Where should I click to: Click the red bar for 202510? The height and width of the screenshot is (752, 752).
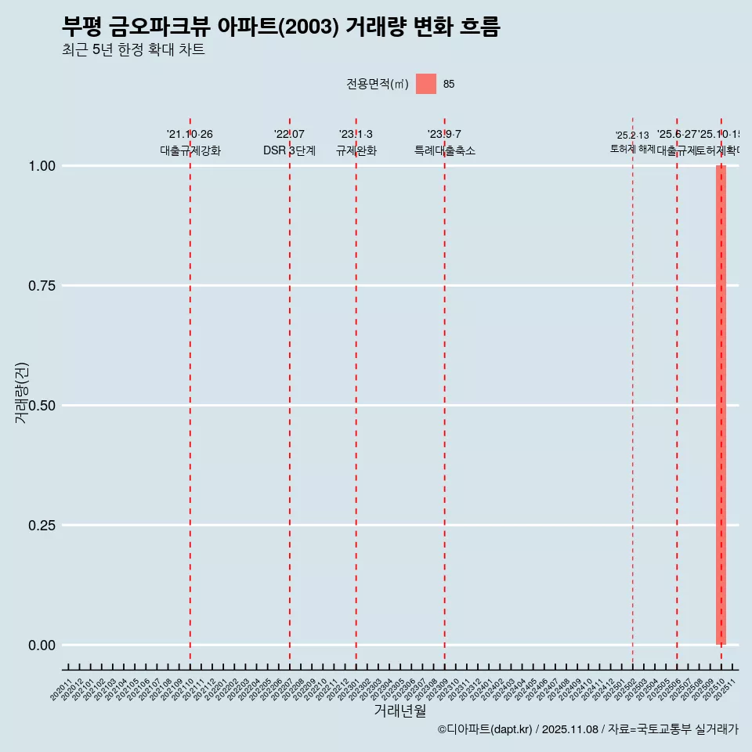(x=721, y=405)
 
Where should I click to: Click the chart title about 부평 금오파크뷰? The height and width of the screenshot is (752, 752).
(x=280, y=27)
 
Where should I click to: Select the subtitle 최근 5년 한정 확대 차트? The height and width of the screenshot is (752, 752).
(x=133, y=50)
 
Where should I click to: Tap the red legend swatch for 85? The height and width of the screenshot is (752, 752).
(x=425, y=84)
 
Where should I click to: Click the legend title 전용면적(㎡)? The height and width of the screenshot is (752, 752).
(x=378, y=84)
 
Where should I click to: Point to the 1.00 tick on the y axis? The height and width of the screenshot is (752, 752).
(x=42, y=166)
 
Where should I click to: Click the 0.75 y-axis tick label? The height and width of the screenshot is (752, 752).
(x=42, y=286)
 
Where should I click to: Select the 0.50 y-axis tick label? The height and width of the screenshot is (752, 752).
(x=42, y=406)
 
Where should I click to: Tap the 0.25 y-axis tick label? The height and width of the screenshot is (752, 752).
(x=42, y=526)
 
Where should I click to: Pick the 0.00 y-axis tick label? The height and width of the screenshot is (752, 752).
(x=42, y=645)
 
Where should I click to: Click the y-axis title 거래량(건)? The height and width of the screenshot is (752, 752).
(x=21, y=393)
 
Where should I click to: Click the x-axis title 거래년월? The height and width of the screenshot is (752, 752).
(x=399, y=710)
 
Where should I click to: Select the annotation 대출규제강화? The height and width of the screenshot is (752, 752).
(x=190, y=150)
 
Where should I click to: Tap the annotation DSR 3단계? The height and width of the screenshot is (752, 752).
(x=289, y=150)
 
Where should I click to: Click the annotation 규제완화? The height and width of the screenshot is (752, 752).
(x=356, y=150)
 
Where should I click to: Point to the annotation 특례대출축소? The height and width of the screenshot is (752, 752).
(x=445, y=150)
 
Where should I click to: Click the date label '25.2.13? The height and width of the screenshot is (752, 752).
(x=632, y=136)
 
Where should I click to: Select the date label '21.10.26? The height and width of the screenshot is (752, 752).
(x=190, y=135)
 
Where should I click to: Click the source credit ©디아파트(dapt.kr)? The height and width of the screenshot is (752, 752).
(x=486, y=729)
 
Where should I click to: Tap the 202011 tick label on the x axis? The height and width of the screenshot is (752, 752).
(x=62, y=689)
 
